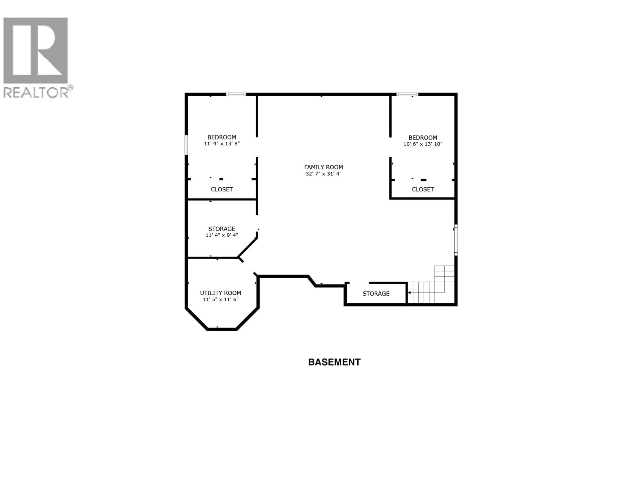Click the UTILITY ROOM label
pyautogui.click(x=220, y=293)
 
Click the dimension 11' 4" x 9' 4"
pyautogui.click(x=222, y=235)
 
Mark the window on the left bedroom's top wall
pyautogui.click(x=236, y=94)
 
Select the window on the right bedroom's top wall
pyautogui.click(x=407, y=94)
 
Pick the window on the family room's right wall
pyautogui.click(x=456, y=240)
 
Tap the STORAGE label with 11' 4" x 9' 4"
pyautogui.click(x=222, y=229)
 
